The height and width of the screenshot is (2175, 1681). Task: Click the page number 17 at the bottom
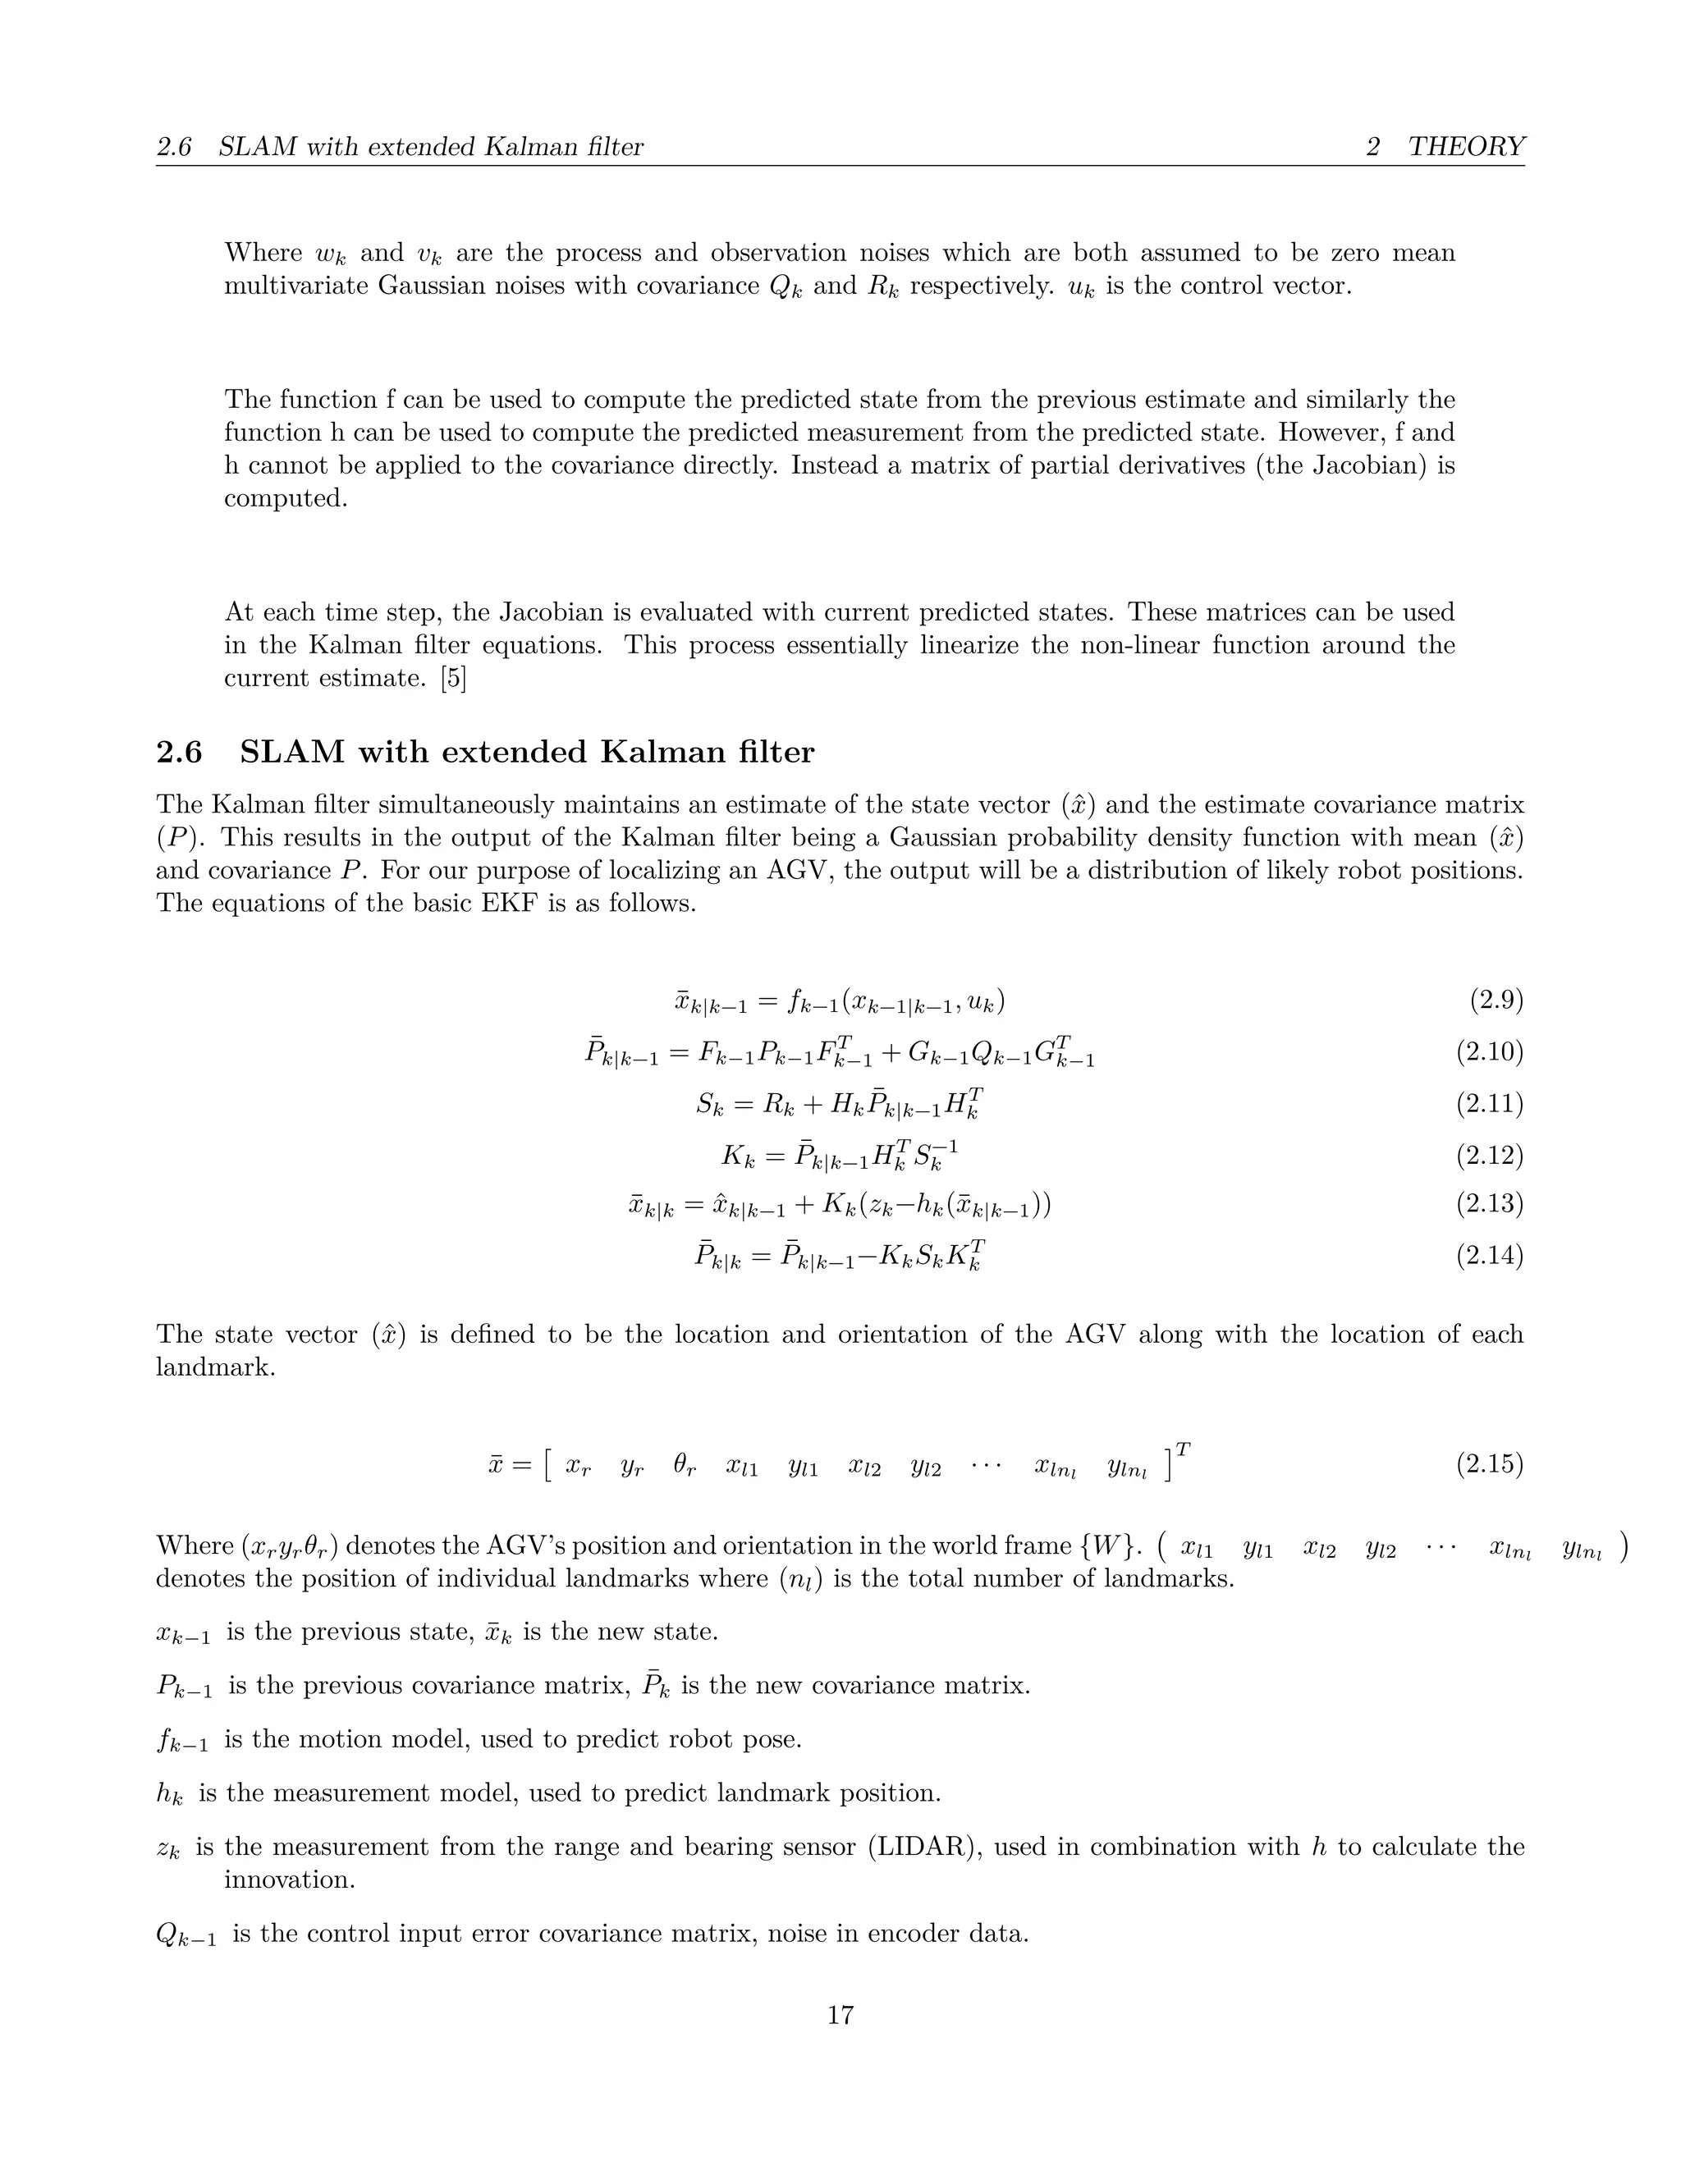point(840,2015)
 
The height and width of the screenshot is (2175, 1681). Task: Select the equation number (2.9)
point(1495,1000)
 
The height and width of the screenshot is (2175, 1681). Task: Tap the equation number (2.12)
point(1489,1156)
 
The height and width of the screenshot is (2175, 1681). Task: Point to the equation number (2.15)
point(1489,1464)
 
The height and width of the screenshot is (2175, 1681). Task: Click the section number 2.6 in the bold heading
point(179,752)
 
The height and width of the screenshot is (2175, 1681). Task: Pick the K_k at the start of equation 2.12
point(738,1156)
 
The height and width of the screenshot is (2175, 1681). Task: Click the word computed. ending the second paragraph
point(286,498)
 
